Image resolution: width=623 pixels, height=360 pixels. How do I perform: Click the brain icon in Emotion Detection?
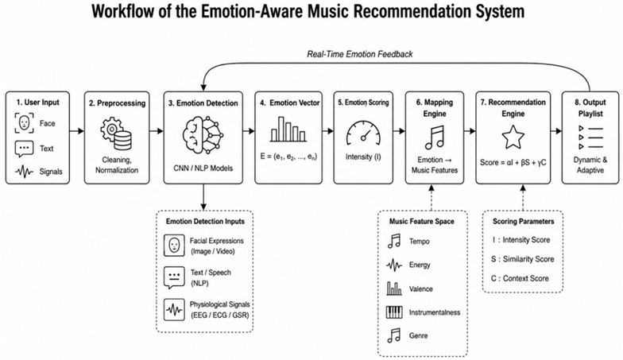[x=203, y=135]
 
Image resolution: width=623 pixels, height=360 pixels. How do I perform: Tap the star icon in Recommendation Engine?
[x=513, y=137]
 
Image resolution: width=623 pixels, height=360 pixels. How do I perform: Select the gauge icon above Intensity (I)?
[x=363, y=134]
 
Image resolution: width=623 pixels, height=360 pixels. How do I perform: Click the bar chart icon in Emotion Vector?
[x=288, y=129]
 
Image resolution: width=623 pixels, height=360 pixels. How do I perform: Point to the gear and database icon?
[x=116, y=134]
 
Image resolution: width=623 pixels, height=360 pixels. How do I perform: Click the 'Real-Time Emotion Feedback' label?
[x=359, y=54]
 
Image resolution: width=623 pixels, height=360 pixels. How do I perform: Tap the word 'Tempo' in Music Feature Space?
[x=420, y=242]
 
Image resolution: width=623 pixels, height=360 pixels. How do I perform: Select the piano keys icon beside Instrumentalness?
[x=394, y=312]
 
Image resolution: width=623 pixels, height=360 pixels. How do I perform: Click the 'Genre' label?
[x=418, y=335]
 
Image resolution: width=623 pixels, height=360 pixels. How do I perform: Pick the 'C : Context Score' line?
[x=520, y=278]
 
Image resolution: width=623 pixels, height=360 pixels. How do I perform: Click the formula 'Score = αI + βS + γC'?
[x=513, y=162]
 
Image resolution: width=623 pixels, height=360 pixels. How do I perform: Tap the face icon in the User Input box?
[x=24, y=122]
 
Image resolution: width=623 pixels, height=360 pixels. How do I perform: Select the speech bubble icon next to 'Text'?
[x=24, y=149]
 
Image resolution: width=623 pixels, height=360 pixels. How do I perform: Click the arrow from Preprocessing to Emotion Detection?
[x=157, y=130]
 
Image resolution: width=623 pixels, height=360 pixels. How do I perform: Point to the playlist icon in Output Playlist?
[x=590, y=137]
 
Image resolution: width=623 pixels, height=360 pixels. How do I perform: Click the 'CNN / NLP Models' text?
[x=203, y=168]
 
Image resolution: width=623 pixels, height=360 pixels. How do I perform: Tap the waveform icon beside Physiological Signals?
[x=174, y=310]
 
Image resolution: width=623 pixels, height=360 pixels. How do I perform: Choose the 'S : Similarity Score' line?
[x=523, y=259]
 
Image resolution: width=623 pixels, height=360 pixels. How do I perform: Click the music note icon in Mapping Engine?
[x=435, y=137]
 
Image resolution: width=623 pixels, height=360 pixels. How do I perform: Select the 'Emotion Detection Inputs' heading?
[x=205, y=221]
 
